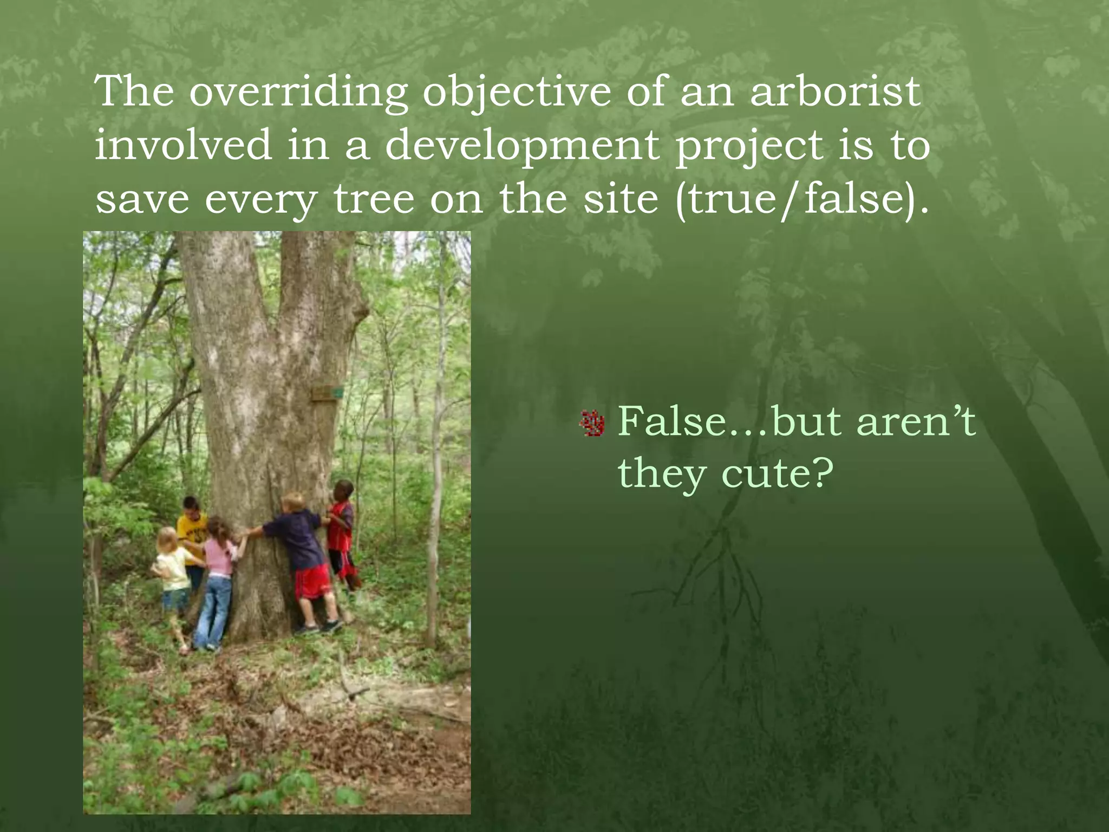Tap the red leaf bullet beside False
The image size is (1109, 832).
coord(592,423)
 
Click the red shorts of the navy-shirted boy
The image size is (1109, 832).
coord(312,581)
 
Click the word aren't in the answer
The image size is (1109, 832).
coord(916,421)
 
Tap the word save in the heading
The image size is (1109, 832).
coord(142,199)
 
